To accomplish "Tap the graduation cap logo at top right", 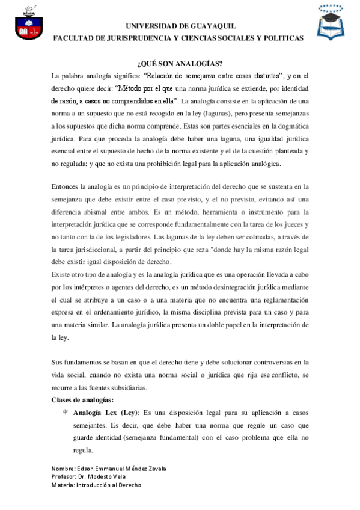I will tap(332, 22).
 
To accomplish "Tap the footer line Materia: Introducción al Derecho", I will tap(96, 485).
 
